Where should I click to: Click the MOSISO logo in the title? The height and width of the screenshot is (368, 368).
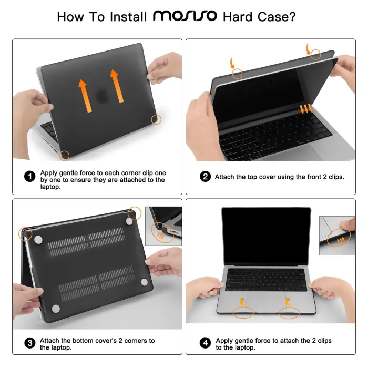[x=185, y=15]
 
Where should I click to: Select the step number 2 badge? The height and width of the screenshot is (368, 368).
[x=206, y=177]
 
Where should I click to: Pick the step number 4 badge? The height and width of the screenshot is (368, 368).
[x=206, y=344]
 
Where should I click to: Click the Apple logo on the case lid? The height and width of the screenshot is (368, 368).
[x=100, y=97]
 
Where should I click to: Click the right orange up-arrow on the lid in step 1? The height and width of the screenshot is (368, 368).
[x=117, y=87]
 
